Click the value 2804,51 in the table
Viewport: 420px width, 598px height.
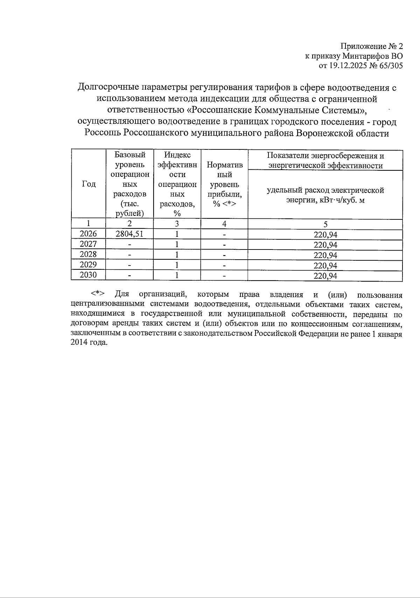[x=129, y=234]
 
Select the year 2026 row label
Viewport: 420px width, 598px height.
[x=88, y=234]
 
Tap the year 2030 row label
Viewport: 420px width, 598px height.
[x=88, y=275]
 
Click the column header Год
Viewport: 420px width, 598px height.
[x=89, y=184]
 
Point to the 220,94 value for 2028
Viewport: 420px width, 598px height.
[x=325, y=255]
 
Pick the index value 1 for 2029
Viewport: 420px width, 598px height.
[x=177, y=265]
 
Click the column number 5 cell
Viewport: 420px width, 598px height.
[x=325, y=224]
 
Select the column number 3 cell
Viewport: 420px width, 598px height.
[x=177, y=224]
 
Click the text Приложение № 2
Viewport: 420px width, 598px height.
[x=372, y=46]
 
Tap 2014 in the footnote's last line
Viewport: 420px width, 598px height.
[x=79, y=343]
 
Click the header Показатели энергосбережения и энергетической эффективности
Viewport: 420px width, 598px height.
[x=325, y=161]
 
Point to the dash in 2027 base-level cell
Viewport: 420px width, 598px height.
[x=129, y=244]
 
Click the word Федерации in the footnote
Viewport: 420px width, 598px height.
[x=318, y=333]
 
